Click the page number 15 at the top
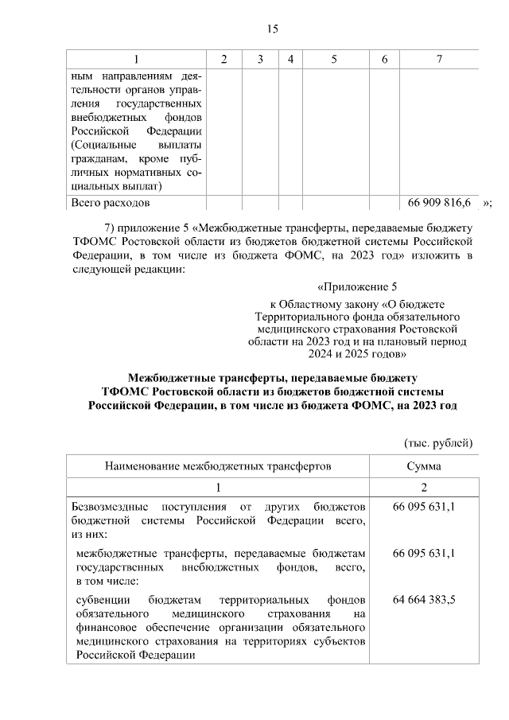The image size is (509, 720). tap(272, 29)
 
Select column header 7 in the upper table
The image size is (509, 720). tap(439, 60)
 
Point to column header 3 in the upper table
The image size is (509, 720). tap(260, 60)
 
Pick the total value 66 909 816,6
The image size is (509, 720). tap(439, 204)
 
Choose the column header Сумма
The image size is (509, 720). tap(423, 465)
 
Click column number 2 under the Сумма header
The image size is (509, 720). tap(423, 487)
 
